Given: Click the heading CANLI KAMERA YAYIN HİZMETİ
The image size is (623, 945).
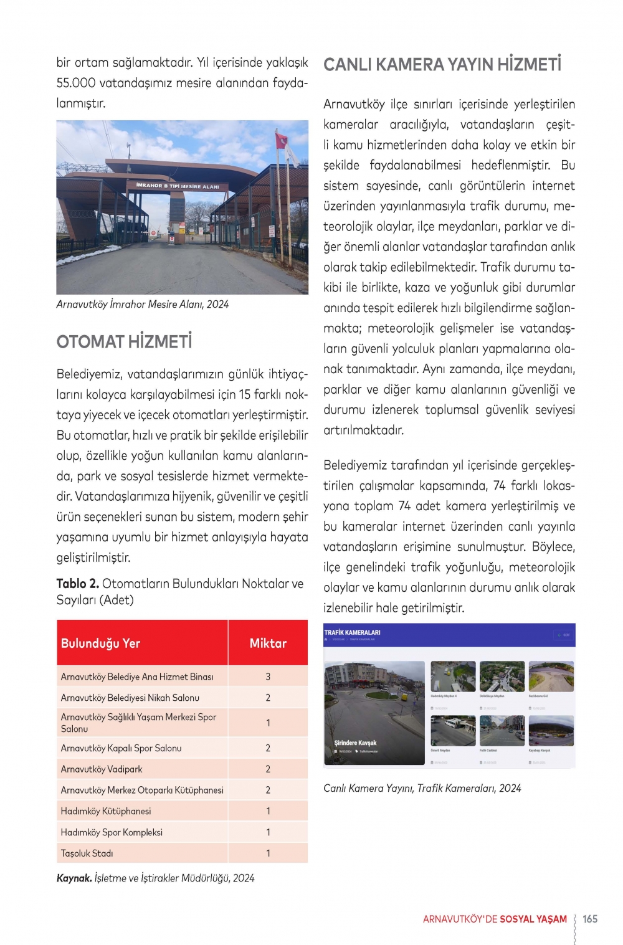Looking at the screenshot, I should [x=442, y=65].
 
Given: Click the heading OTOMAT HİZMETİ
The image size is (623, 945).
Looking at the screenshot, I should [x=124, y=342].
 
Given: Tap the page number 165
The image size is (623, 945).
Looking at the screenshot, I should [x=589, y=919].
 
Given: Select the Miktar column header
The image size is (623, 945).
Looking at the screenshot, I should [x=268, y=643].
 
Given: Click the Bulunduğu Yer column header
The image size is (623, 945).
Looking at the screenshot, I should [x=100, y=643].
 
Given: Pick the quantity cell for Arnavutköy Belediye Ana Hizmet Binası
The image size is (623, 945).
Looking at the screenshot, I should [x=268, y=677].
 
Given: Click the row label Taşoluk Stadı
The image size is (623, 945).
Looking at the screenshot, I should [x=87, y=853].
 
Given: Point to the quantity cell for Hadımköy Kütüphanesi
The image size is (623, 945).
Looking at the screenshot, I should [x=268, y=811].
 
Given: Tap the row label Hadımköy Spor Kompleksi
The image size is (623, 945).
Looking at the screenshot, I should [x=112, y=832].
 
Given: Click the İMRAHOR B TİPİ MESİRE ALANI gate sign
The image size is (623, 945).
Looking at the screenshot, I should [x=178, y=186].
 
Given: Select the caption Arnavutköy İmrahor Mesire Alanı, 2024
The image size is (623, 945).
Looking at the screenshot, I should [x=143, y=305].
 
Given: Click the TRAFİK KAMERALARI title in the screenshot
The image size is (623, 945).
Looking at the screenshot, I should [x=352, y=633].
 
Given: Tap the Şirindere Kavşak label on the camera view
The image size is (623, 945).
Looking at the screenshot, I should [x=355, y=743].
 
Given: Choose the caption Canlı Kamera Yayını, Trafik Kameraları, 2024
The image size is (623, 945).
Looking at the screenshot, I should [x=422, y=789].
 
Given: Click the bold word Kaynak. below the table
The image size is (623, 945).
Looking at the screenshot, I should [x=74, y=878].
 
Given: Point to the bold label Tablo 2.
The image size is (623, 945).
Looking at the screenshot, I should [x=78, y=584].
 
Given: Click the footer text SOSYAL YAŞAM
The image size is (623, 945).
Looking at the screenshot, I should [x=533, y=919].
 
